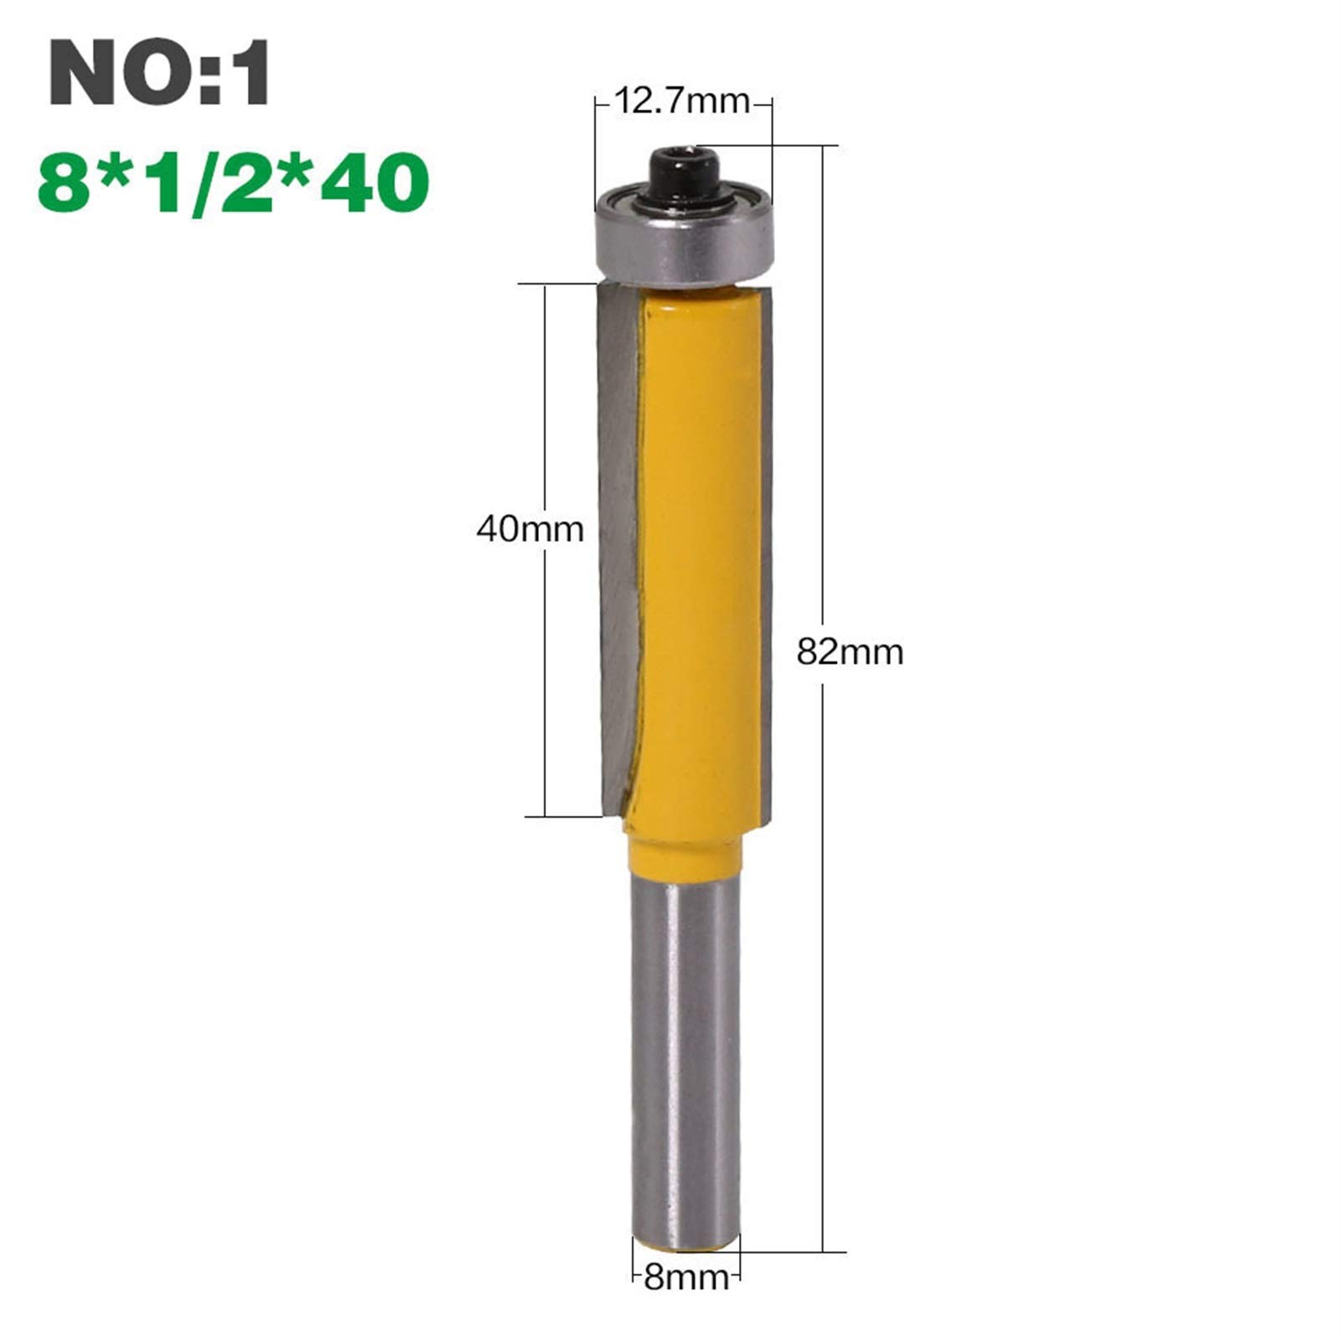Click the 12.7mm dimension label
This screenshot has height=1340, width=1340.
tap(682, 101)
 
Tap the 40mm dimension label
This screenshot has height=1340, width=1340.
tap(530, 529)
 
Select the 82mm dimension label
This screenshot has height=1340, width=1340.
tap(850, 651)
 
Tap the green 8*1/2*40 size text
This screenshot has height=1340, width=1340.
tap(234, 183)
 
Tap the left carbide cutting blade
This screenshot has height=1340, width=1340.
tap(618, 544)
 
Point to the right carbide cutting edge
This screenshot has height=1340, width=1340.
tap(766, 544)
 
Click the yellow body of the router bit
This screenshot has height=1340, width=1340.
tap(699, 544)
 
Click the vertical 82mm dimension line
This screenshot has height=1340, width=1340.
tap(824, 418)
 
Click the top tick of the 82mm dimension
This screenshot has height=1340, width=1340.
tap(824, 146)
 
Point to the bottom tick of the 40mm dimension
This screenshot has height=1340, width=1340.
tap(545, 815)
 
